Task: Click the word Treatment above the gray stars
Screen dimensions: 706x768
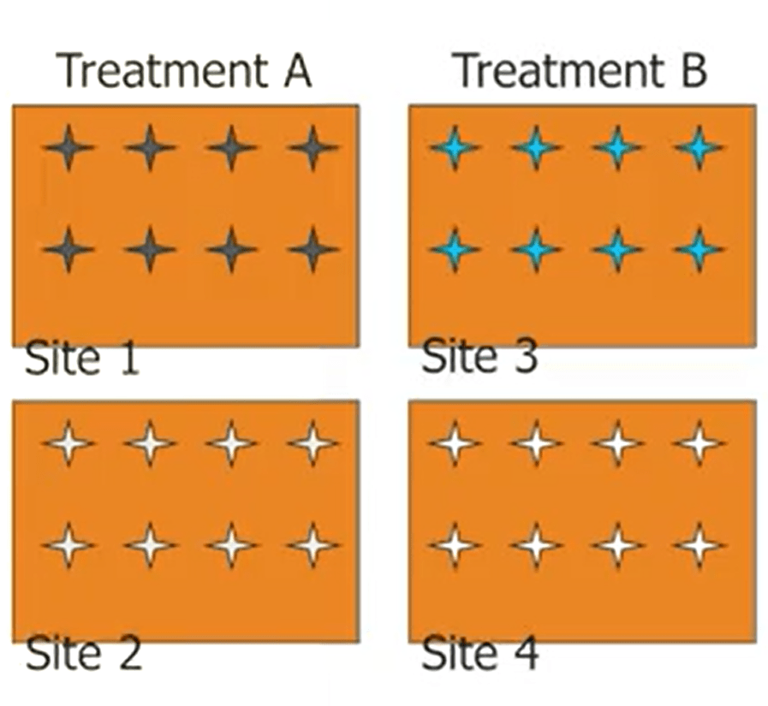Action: pyautogui.click(x=156, y=72)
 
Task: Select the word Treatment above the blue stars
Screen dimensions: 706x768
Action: pyautogui.click(x=551, y=72)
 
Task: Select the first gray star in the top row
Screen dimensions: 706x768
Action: pyautogui.click(x=69, y=148)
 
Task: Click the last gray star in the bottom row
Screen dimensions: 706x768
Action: pyautogui.click(x=313, y=250)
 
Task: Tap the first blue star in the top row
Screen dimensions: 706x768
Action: pyautogui.click(x=455, y=148)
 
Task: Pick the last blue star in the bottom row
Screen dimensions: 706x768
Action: pyautogui.click(x=700, y=250)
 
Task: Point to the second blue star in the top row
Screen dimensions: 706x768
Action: pyautogui.click(x=536, y=148)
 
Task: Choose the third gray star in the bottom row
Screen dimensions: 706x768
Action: pyautogui.click(x=231, y=250)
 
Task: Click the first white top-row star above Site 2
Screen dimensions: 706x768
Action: pyautogui.click(x=69, y=443)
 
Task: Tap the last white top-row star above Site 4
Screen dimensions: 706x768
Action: pyautogui.click(x=700, y=443)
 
